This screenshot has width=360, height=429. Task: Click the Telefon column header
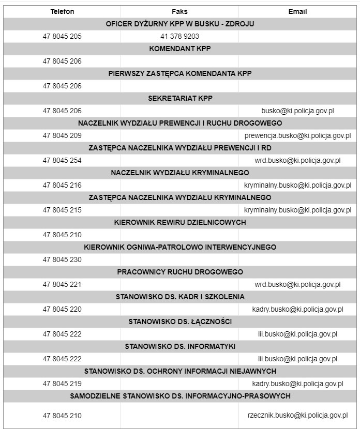point(62,11)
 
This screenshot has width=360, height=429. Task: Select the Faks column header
point(180,11)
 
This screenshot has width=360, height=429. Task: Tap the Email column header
point(297,11)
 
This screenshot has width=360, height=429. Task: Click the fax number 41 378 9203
point(180,37)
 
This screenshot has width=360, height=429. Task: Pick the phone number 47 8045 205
point(62,37)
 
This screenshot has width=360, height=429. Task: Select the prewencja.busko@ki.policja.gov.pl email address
point(297,136)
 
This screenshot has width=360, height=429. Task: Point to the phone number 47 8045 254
point(62,161)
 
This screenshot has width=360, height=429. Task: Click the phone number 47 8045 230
point(62,260)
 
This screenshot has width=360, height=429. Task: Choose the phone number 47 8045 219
point(62,384)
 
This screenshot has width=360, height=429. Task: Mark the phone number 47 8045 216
point(62,186)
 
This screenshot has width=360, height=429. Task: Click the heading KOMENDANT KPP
point(180,49)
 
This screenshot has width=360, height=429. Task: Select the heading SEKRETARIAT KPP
point(180,98)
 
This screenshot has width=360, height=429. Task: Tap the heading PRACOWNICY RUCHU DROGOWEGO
point(180,272)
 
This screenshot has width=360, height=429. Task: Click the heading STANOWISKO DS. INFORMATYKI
point(180,346)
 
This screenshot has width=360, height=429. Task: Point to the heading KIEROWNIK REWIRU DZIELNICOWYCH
point(180,222)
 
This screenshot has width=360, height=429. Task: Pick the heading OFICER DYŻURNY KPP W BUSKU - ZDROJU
point(180,24)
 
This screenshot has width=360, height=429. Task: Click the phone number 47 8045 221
point(62,285)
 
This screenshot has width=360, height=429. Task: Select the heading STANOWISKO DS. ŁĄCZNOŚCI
point(180,321)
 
